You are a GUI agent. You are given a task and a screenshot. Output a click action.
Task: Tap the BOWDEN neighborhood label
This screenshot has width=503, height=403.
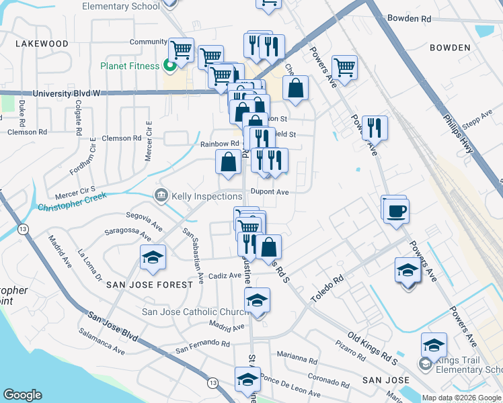coord(448,48)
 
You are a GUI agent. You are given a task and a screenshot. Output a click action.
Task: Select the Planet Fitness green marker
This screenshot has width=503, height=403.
coord(169,66)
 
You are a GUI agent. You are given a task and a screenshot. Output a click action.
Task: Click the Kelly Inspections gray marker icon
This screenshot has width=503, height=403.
coord(161,196)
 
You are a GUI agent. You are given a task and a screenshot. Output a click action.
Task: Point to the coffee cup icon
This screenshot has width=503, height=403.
coord(395,210)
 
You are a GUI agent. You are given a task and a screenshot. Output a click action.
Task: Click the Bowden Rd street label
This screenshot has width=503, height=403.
coord(408,19)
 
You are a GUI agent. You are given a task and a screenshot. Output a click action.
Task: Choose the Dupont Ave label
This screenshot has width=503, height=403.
coord(269,191)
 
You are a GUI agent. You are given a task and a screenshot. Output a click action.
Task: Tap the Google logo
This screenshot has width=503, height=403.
coord(22,395)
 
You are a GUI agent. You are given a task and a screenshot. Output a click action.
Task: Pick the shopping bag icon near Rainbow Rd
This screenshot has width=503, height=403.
coord(228,162)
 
